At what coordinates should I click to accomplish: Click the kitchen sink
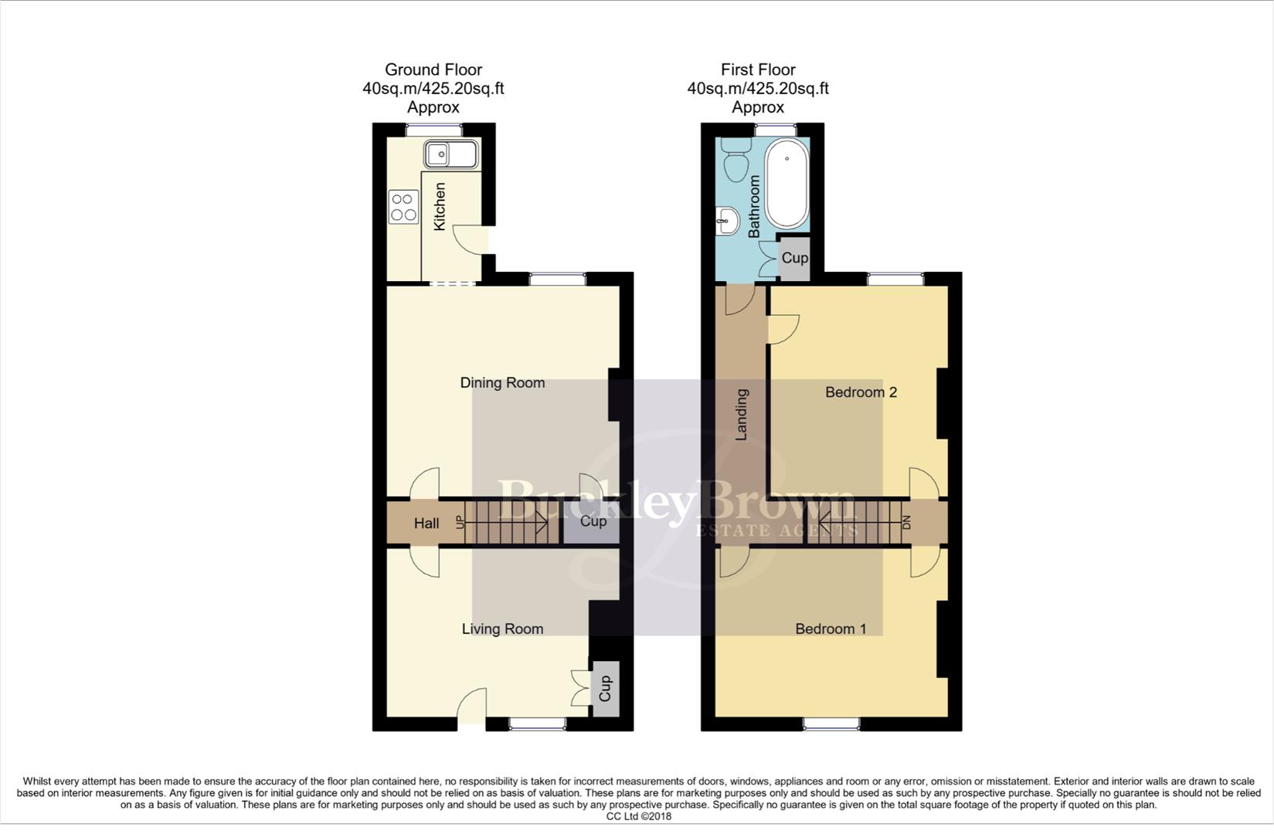[x=451, y=155]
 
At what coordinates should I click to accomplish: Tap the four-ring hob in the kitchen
[x=403, y=207]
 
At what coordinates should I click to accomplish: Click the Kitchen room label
[x=440, y=206]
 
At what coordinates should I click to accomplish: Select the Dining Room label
[x=502, y=383]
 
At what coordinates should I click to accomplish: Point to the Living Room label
[x=502, y=629]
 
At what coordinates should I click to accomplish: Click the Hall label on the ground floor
[x=426, y=524]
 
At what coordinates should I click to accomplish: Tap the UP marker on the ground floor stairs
[x=461, y=522]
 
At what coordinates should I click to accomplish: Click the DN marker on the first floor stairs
[x=907, y=522]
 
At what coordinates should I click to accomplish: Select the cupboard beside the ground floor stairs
[x=593, y=522]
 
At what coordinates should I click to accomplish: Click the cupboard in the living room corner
[x=605, y=688]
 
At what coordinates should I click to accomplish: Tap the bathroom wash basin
[x=727, y=221]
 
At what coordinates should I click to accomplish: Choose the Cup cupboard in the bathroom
[x=794, y=258]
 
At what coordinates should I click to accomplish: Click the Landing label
[x=742, y=415]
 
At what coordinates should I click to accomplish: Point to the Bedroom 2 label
[x=861, y=392]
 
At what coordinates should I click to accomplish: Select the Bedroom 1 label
[x=831, y=629]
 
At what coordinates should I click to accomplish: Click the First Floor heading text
[x=758, y=70]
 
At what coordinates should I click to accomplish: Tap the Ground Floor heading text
[x=433, y=70]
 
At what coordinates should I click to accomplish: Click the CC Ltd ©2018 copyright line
[x=638, y=816]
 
